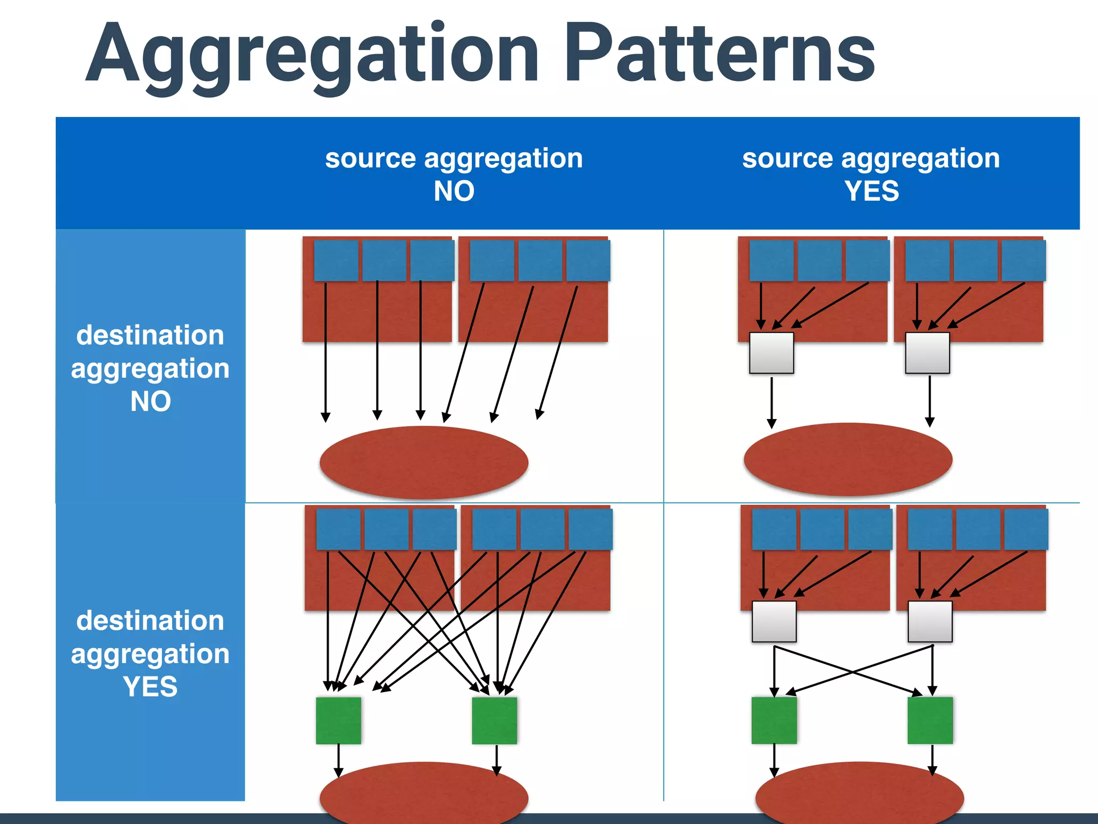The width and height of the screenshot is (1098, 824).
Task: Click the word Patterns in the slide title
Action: pyautogui.click(x=719, y=54)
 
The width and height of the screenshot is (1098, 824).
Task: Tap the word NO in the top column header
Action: pyautogui.click(x=454, y=191)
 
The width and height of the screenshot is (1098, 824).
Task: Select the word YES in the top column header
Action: pyautogui.click(x=871, y=191)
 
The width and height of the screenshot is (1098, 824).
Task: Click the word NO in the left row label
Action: pyautogui.click(x=150, y=401)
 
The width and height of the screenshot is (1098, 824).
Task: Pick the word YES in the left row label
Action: pyautogui.click(x=150, y=687)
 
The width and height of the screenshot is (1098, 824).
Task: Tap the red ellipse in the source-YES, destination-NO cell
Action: pyautogui.click(x=848, y=459)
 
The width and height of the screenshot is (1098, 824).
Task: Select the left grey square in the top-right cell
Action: pyautogui.click(x=771, y=353)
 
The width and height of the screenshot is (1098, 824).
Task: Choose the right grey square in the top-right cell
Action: pyautogui.click(x=927, y=353)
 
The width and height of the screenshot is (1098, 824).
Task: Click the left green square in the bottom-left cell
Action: pyautogui.click(x=338, y=720)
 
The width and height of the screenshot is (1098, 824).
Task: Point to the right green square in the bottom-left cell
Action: pyautogui.click(x=494, y=720)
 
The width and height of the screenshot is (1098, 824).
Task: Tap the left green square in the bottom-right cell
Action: pyautogui.click(x=774, y=720)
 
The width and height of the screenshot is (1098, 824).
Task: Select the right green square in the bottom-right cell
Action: pyautogui.click(x=930, y=720)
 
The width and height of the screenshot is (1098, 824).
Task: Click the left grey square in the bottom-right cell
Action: pyautogui.click(x=774, y=621)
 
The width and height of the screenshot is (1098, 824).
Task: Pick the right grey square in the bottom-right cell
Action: pyautogui.click(x=930, y=621)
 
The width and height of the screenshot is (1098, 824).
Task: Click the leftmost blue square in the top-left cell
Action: pyautogui.click(x=336, y=261)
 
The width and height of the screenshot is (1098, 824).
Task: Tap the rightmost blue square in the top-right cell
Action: pyautogui.click(x=1023, y=261)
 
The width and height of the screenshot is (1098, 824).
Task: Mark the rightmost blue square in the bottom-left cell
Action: pyautogui.click(x=590, y=529)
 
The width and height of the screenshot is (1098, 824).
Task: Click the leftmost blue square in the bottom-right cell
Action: pyautogui.click(x=774, y=529)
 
